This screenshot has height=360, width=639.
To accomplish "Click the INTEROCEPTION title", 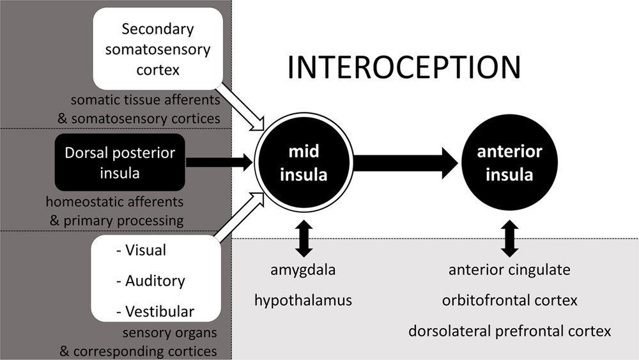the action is tap(404, 67).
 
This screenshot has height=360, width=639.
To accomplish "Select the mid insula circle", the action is tap(304, 162).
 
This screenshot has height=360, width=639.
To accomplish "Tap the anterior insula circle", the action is tap(509, 162).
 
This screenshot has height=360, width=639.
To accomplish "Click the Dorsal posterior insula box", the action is tap(120, 162).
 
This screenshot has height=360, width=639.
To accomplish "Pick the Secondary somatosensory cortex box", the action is tap(158, 49).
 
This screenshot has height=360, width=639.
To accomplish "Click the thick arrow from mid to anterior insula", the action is tap(406, 162).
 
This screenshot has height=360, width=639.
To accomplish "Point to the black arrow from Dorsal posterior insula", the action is tap(219, 162).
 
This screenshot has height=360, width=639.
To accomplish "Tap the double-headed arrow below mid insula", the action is tap(304, 239).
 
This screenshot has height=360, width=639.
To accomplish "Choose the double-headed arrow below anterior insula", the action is tap(509, 239).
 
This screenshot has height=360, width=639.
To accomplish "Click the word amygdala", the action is tap(303, 270).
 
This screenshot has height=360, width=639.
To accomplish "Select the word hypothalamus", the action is tap(303, 301).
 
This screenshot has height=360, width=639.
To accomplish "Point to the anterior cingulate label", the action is tap(509, 270).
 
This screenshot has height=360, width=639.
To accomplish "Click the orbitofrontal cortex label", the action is tap(509, 301).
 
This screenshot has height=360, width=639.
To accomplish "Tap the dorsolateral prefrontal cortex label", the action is tap(509, 331).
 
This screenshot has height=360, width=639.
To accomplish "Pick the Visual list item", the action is tap(141, 250).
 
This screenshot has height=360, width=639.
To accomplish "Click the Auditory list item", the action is tap(150, 281).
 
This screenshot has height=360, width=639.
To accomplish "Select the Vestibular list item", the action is tap(155, 311).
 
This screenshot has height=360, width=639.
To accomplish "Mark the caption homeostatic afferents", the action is tap(114, 201).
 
